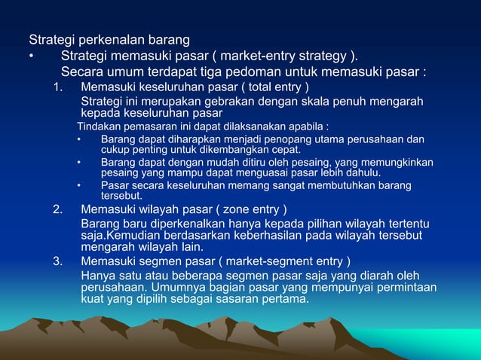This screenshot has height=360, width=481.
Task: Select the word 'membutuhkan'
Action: [339, 185]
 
